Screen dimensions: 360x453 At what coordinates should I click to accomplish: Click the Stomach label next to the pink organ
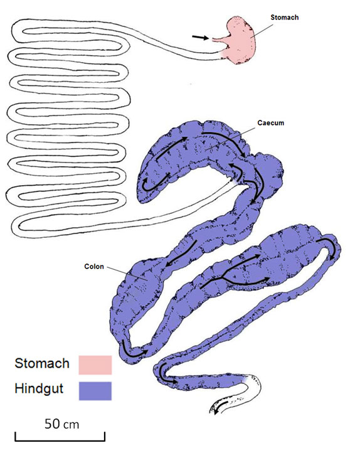tap(284, 18)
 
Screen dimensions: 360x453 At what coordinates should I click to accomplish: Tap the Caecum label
tap(270, 123)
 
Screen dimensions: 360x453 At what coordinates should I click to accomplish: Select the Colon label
tap(94, 267)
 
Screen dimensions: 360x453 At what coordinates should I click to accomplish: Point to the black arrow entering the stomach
tap(200, 37)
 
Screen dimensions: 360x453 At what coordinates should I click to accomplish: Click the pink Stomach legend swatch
tap(95, 365)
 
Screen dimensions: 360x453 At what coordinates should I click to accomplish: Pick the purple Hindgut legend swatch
tap(95, 391)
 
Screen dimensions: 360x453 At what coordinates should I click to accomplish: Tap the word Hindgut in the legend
tap(39, 389)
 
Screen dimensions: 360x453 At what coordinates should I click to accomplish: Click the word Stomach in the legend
tap(42, 363)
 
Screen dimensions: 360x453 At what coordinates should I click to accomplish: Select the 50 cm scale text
tap(61, 424)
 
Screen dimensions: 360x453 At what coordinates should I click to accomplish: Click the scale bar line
tap(60, 440)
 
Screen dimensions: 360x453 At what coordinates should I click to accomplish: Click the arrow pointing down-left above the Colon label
tap(181, 253)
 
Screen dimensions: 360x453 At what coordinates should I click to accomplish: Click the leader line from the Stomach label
tap(262, 31)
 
